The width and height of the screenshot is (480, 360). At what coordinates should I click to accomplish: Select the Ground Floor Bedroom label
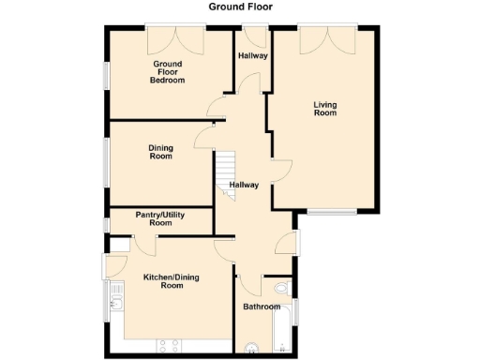tap(168, 72)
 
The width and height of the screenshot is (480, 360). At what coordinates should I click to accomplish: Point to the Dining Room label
tap(161, 152)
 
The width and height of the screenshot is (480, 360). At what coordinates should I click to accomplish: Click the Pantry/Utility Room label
tap(160, 219)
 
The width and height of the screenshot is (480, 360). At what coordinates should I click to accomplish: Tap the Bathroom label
tap(262, 307)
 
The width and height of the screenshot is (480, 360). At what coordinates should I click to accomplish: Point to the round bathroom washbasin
tap(248, 351)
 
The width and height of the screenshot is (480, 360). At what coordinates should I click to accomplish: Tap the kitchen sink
tap(115, 301)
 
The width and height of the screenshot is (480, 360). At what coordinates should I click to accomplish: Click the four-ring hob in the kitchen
tap(170, 346)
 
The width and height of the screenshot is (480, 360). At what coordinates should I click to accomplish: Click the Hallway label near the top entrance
tap(252, 56)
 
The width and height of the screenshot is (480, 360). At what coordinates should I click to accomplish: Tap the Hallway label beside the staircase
tap(244, 186)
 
